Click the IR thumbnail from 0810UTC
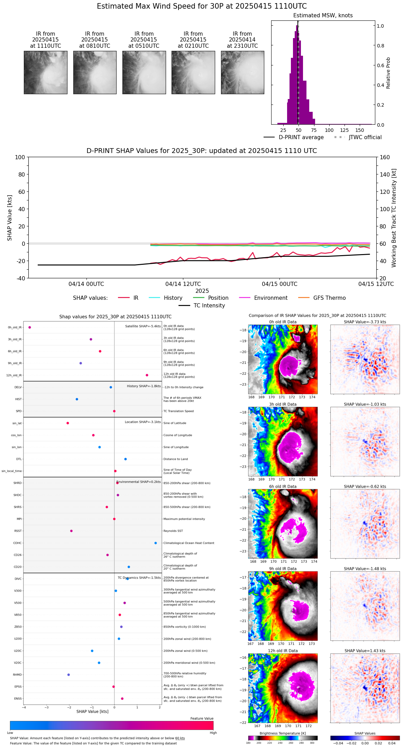pos(95,72)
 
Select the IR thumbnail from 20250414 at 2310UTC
pos(242,72)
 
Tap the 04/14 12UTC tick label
pos(183,284)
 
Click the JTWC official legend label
pos(365,137)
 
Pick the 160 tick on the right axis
pos(385,157)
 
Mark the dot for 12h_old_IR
pos(147,375)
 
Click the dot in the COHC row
pos(156,543)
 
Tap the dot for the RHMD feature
pos(68,675)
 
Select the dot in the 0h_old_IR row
pos(30,327)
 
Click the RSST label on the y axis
pos(18,531)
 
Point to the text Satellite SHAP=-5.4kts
pos(143,326)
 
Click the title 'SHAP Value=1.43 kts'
pos(365,651)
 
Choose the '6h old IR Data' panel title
pos(283,487)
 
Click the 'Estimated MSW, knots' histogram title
pos(323,16)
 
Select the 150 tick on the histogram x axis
pos(360,130)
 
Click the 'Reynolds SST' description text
pos(173,531)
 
